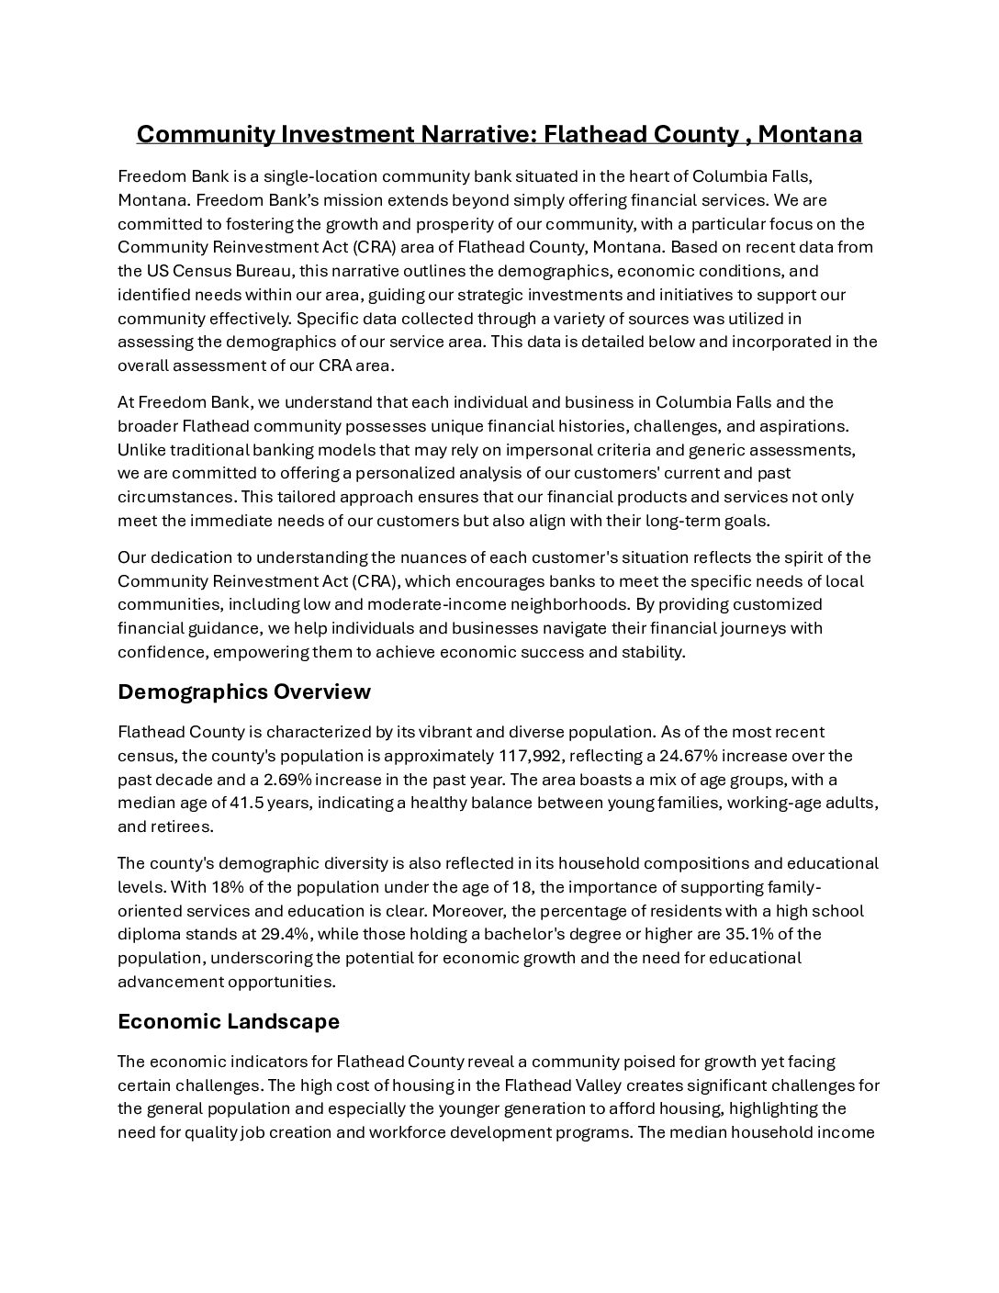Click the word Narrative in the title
[x=477, y=135]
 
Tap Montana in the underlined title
[x=810, y=135]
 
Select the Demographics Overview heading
[x=244, y=691]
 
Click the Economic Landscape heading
[x=229, y=1021]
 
